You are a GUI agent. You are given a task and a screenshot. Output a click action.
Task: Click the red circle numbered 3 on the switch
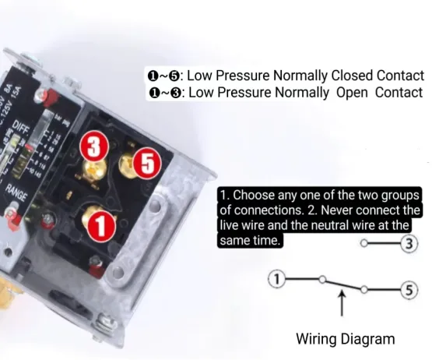(x=93, y=146)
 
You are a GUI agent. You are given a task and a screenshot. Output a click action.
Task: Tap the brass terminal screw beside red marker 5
(x=127, y=162)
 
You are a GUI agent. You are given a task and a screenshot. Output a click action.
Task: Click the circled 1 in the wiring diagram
(x=278, y=279)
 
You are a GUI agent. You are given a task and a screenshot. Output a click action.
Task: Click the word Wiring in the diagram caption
(x=317, y=339)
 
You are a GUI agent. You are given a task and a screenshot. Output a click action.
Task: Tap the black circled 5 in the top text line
(x=176, y=76)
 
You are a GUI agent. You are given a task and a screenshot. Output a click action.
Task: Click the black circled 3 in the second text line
(x=176, y=93)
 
